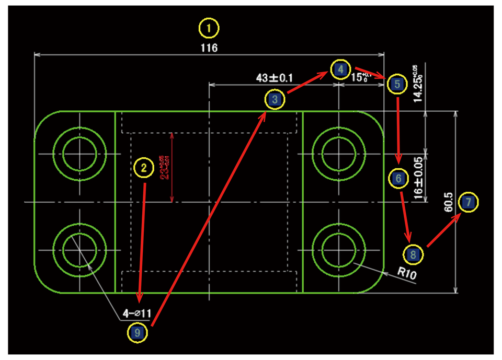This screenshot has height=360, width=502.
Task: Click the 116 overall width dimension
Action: click(x=209, y=48)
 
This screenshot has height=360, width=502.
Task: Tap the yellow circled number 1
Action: click(x=209, y=29)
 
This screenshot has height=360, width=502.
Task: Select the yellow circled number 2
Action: click(x=143, y=167)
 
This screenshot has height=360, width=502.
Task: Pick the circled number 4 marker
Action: click(x=340, y=68)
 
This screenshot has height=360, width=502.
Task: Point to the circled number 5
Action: click(x=397, y=84)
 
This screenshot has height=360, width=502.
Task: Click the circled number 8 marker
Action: click(x=413, y=254)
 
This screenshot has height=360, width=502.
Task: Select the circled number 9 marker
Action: click(x=138, y=331)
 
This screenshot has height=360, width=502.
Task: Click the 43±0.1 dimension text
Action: click(x=275, y=78)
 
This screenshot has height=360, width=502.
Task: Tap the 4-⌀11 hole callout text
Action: click(x=137, y=313)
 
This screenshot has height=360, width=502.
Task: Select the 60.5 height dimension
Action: click(x=448, y=201)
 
